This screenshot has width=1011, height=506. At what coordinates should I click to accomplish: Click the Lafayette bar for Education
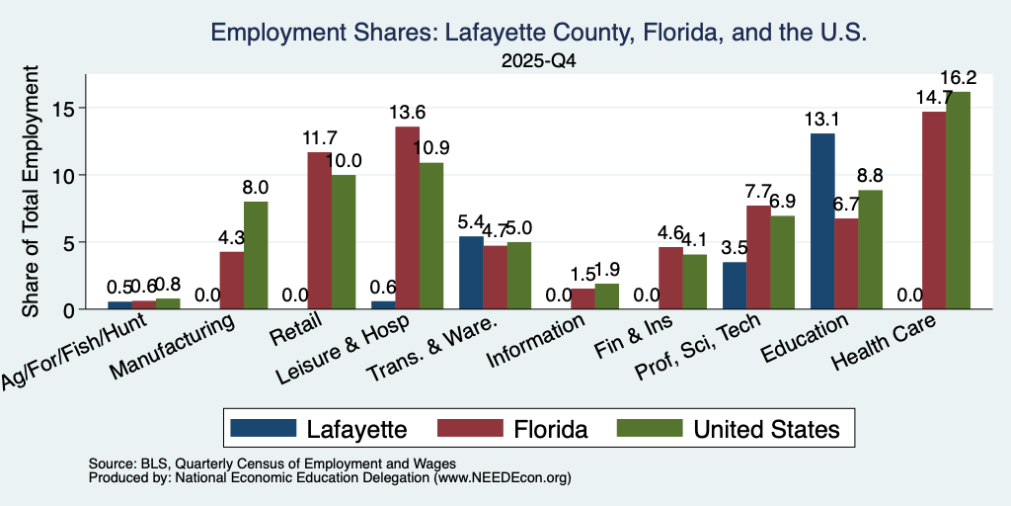(x=822, y=221)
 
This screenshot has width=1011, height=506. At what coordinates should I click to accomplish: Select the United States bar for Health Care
(x=958, y=201)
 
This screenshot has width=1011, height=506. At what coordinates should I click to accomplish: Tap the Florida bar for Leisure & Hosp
(x=407, y=218)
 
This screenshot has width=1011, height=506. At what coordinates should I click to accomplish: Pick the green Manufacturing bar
(x=256, y=256)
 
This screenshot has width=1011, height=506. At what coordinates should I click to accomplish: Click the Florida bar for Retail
(x=319, y=230)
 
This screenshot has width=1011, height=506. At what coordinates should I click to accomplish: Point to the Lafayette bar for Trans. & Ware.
(x=471, y=273)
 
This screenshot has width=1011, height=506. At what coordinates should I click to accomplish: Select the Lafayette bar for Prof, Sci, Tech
(x=735, y=286)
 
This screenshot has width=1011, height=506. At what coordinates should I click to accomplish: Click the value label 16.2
(x=958, y=78)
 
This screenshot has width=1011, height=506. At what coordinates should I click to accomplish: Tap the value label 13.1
(x=822, y=120)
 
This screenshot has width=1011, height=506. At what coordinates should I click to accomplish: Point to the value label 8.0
(x=256, y=187)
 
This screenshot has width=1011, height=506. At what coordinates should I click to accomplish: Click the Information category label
(x=537, y=341)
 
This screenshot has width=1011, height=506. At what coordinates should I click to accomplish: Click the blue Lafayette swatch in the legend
(x=263, y=428)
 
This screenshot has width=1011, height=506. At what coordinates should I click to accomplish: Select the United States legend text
(x=766, y=429)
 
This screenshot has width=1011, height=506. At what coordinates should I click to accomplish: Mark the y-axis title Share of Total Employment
(x=31, y=191)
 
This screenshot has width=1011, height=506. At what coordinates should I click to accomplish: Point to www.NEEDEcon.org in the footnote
(x=503, y=478)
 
